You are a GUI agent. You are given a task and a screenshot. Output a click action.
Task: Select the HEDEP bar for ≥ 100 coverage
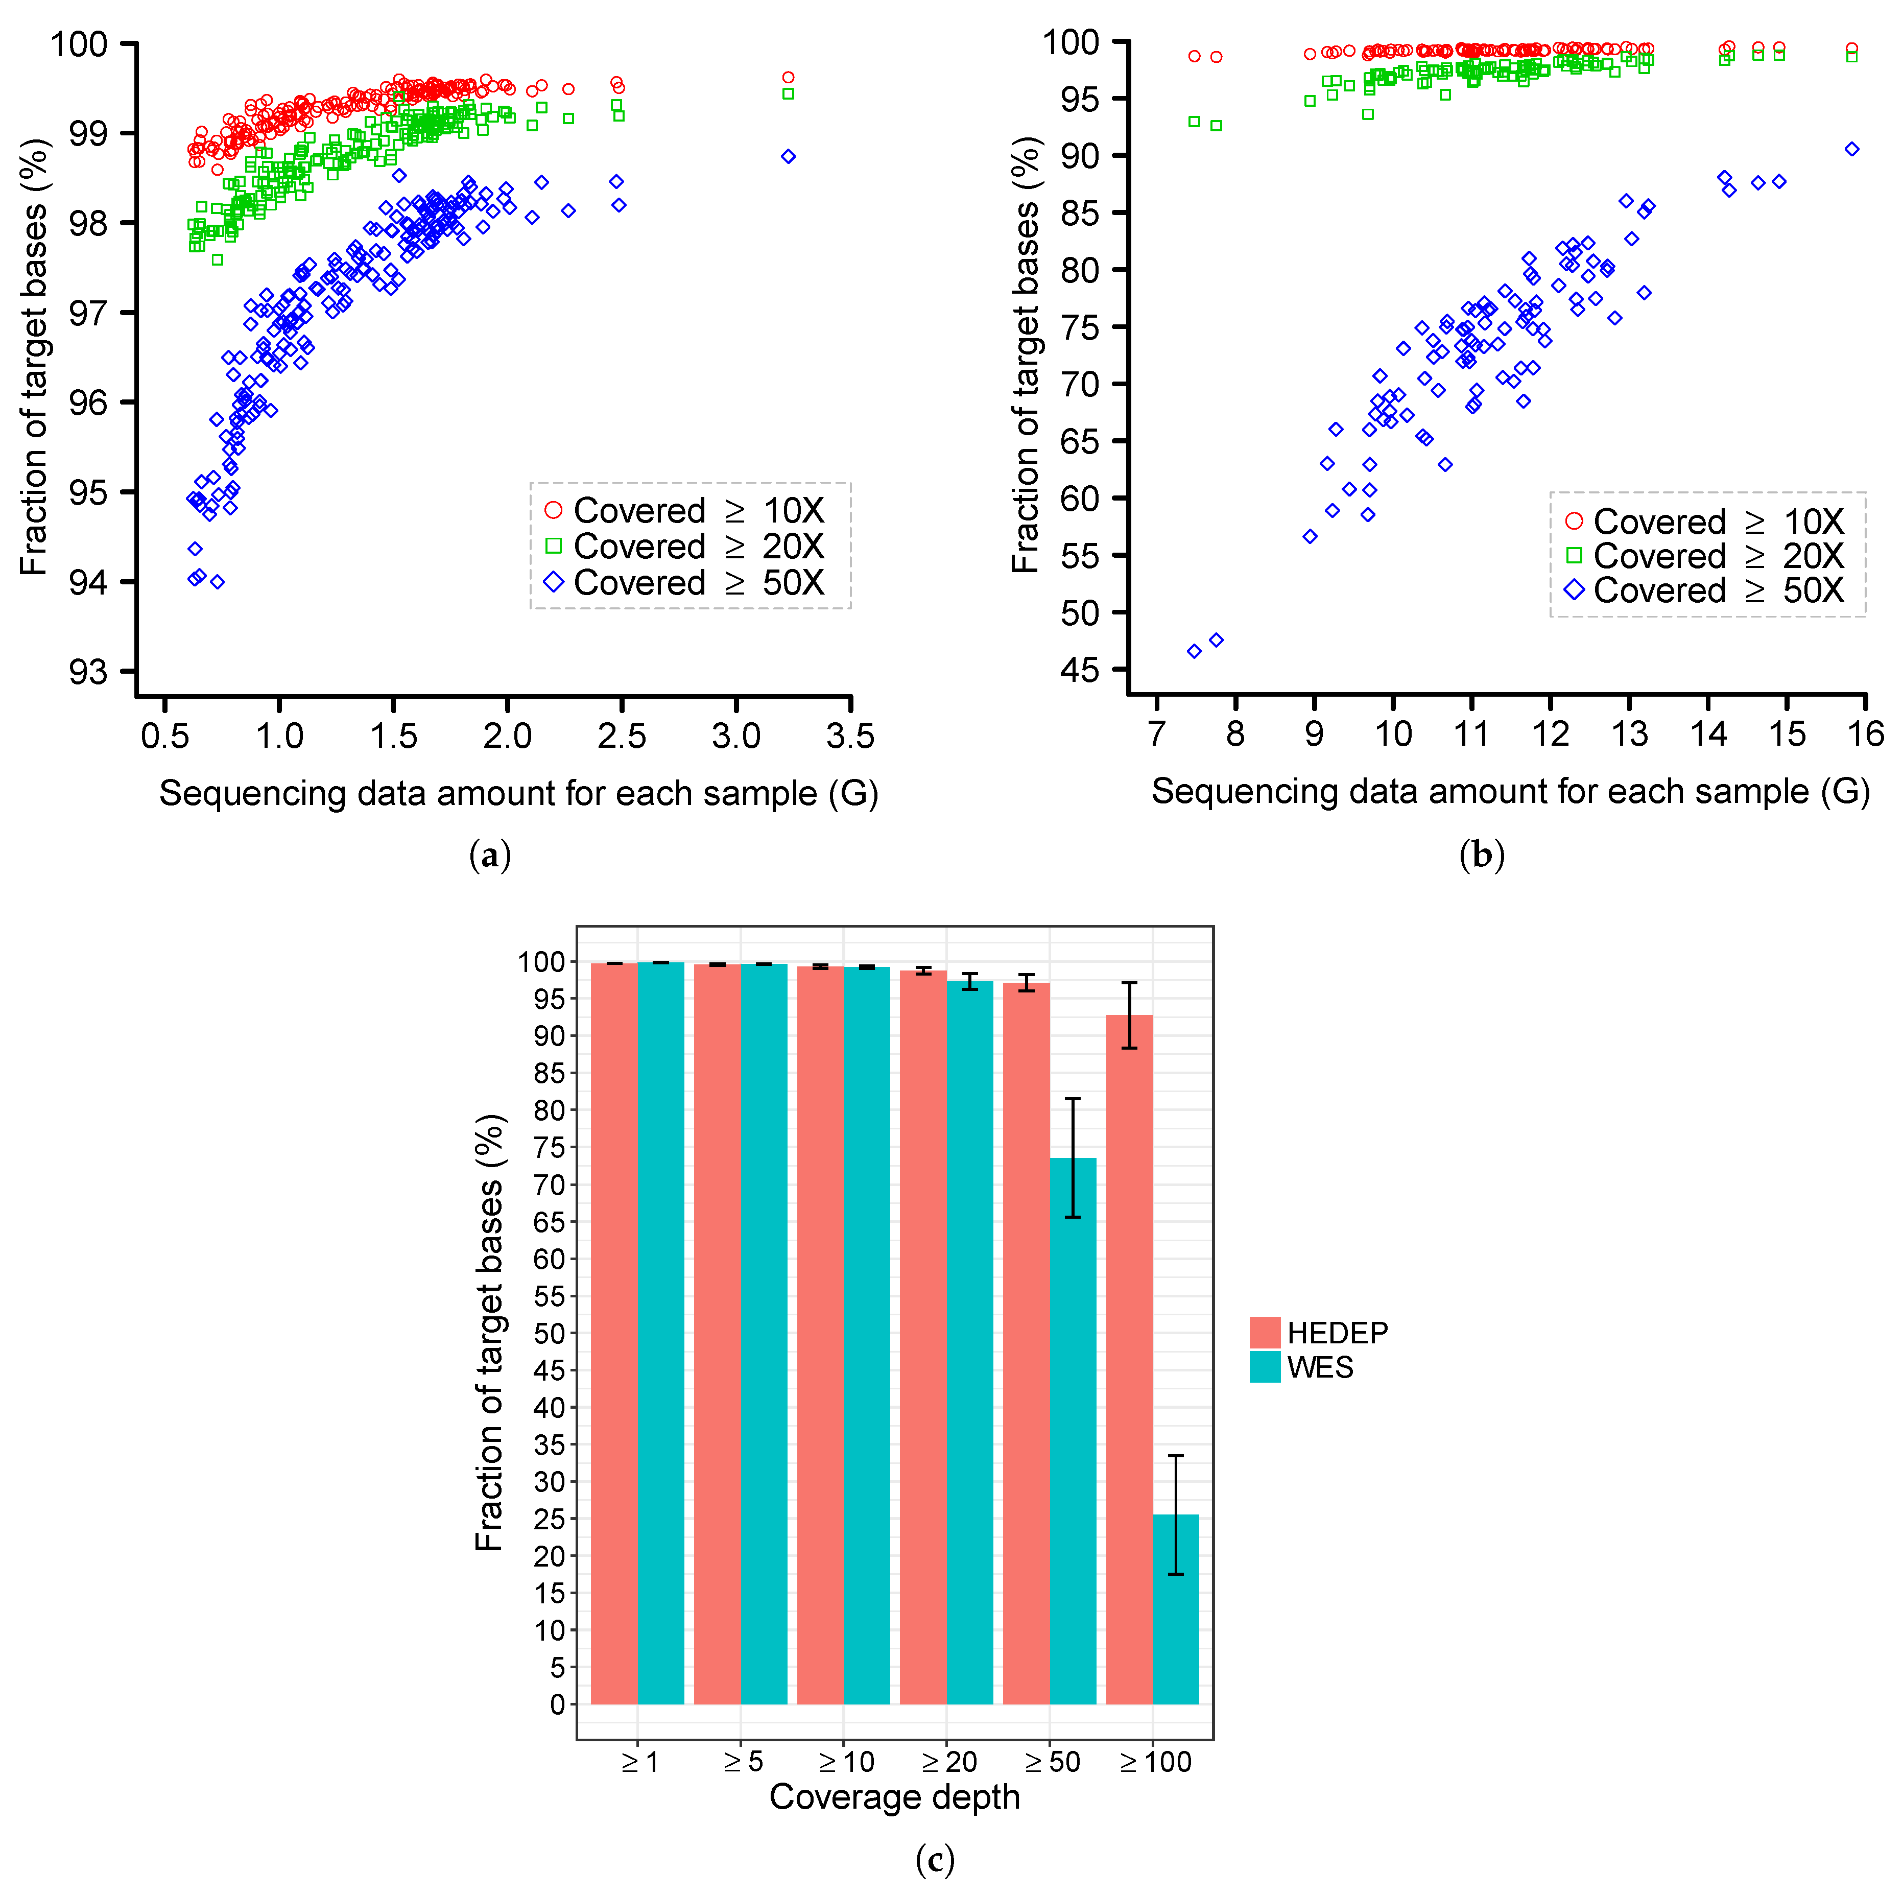tap(1129, 1359)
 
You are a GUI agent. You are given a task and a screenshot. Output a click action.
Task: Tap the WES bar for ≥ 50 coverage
tap(1073, 1428)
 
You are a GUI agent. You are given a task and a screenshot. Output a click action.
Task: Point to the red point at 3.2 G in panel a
tap(788, 77)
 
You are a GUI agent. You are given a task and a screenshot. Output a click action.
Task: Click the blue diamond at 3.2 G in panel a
tap(788, 157)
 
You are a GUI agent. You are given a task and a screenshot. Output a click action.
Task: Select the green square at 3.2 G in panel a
tap(788, 93)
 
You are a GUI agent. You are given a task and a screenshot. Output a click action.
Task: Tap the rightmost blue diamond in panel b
tap(1852, 149)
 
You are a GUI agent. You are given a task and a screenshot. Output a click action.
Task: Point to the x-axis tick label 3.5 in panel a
tap(850, 736)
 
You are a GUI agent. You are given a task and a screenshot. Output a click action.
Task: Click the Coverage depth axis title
tap(894, 1796)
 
